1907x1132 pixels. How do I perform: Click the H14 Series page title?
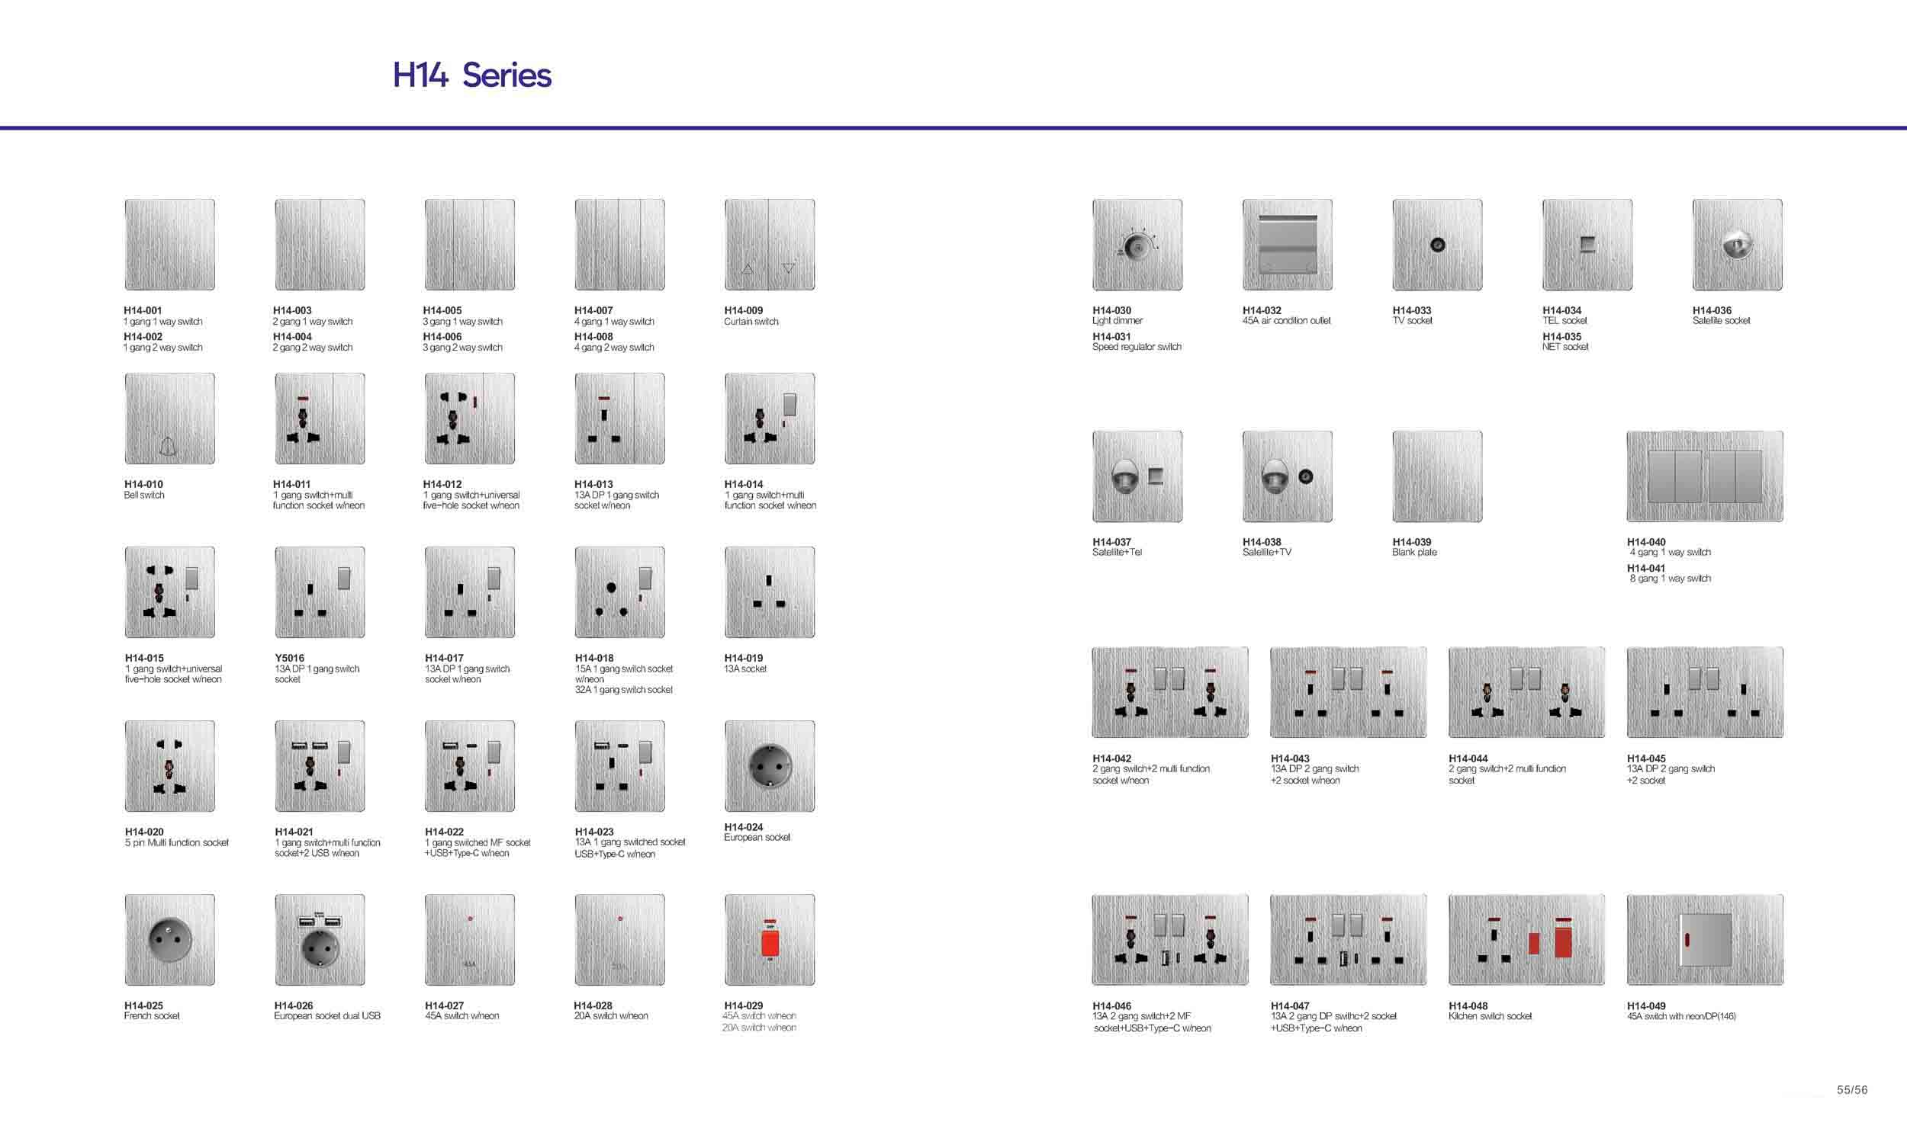click(471, 75)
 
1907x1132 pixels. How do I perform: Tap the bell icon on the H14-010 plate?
click(169, 445)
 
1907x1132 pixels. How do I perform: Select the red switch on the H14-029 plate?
click(770, 942)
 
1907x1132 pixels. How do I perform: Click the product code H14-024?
click(743, 827)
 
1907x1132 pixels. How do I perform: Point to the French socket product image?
click(169, 940)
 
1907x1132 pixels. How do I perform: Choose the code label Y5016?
click(289, 658)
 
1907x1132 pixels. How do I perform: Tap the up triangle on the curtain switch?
click(748, 268)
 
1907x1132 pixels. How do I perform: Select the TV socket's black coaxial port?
click(1437, 245)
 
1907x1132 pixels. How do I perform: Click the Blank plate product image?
click(1437, 476)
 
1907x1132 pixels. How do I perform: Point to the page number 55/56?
click(1852, 1090)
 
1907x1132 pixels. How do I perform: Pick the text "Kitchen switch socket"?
click(1490, 1016)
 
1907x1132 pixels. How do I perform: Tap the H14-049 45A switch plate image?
click(1705, 940)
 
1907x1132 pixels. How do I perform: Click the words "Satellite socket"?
click(1721, 320)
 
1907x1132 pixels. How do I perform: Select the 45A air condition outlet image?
click(1288, 245)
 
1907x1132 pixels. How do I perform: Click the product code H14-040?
click(1646, 541)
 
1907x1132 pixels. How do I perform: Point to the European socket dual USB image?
click(320, 940)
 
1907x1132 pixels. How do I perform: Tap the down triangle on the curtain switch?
click(789, 268)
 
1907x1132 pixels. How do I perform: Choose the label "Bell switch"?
click(144, 495)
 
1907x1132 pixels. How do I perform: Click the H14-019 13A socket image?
click(770, 592)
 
